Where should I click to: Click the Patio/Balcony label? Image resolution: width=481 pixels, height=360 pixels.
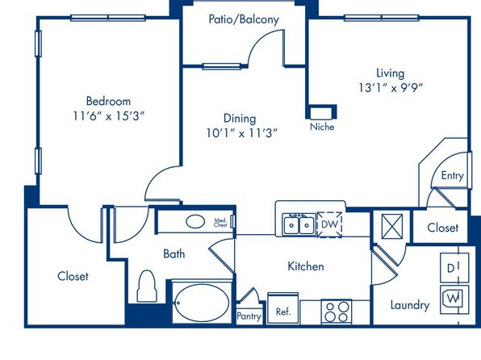coord(244,19)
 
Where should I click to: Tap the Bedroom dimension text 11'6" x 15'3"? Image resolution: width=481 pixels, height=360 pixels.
coord(109,116)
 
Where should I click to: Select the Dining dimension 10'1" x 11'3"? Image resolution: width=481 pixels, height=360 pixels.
coord(242,133)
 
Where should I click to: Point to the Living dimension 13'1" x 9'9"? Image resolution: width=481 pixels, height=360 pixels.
coord(391,88)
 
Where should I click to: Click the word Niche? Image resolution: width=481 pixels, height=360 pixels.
coord(322,127)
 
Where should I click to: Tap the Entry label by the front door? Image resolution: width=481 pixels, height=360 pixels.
coord(452,175)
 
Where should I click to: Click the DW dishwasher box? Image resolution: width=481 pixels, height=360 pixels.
coord(329,224)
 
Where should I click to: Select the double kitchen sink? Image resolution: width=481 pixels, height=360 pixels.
coord(299,224)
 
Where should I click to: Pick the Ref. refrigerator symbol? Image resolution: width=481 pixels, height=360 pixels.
coord(282,308)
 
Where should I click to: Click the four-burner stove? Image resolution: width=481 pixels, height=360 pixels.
coord(337,312)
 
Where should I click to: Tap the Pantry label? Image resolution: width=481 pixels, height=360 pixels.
coord(249,316)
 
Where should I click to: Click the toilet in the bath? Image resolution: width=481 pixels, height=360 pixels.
coord(147,286)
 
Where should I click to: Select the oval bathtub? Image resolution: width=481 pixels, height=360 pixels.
coord(202,303)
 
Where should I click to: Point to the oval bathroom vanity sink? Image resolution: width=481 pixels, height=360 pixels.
coord(195,221)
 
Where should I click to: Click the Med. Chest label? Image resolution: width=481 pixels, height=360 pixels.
coord(220,223)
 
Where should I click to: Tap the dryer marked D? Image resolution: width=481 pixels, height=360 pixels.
coord(454,268)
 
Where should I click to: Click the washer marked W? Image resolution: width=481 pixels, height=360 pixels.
coord(454,299)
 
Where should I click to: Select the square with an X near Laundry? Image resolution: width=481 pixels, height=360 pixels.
coord(392,226)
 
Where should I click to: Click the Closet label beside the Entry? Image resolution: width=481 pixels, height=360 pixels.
coord(442,228)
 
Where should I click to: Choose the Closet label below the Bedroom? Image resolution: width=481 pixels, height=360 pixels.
coord(73,276)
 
